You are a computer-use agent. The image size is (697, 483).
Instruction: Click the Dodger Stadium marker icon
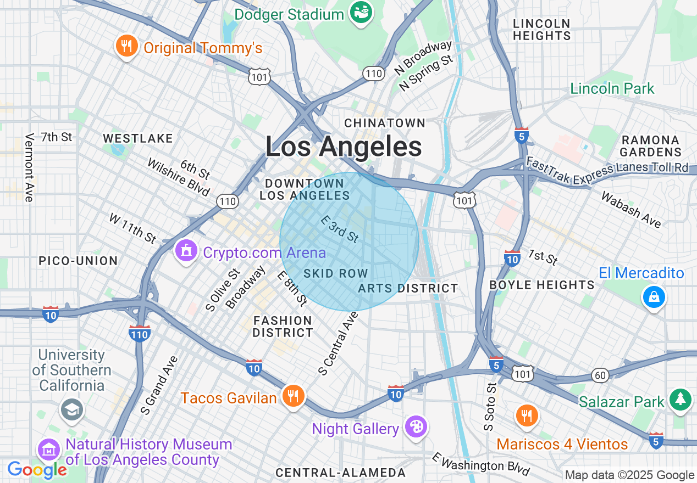tap(362, 12)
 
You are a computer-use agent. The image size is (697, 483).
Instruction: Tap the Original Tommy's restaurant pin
tap(127, 47)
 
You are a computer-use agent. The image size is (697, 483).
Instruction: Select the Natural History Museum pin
tap(49, 450)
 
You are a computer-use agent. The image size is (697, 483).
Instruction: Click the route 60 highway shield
tap(600, 375)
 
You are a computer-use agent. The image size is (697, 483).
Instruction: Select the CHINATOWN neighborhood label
tap(385, 123)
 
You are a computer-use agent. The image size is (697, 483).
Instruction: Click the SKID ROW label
tap(335, 273)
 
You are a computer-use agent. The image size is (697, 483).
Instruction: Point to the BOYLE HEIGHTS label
tap(541, 285)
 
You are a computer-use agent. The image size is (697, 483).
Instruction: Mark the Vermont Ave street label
tap(29, 167)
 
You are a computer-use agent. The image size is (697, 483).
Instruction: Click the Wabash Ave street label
tap(630, 209)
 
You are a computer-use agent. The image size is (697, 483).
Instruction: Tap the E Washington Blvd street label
tap(480, 465)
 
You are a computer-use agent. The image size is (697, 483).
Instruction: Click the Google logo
tap(37, 470)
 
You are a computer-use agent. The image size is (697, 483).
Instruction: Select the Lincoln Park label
tap(612, 89)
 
